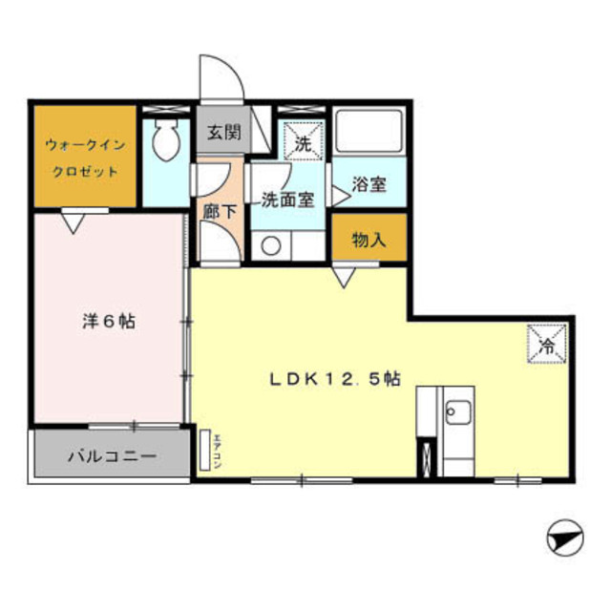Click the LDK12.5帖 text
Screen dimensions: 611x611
coord(333,378)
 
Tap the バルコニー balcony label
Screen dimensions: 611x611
coord(111,456)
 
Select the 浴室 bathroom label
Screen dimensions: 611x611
coord(369,184)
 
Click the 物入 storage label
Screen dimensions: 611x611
coord(369,240)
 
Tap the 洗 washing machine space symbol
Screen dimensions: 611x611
coord(303,145)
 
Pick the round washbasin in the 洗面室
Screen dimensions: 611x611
coord(271,245)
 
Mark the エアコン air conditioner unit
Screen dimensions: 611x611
coord(205,448)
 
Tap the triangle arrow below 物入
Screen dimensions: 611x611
coord(344,275)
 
